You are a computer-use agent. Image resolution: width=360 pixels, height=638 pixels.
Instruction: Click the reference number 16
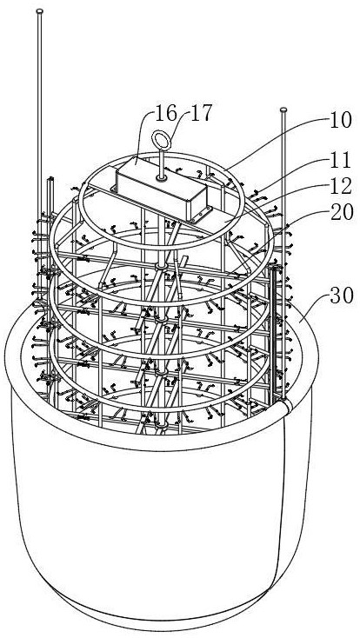tap(167, 113)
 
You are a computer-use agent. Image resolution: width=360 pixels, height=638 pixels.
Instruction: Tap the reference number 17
tap(201, 113)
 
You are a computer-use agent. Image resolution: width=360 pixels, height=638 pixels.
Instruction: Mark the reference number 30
tap(342, 296)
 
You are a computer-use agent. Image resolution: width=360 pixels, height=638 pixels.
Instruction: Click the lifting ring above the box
tap(162, 141)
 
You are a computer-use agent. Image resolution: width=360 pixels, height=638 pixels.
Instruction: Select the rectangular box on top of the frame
tap(161, 189)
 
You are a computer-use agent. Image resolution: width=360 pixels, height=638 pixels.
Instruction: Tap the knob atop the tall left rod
tap(39, 11)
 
